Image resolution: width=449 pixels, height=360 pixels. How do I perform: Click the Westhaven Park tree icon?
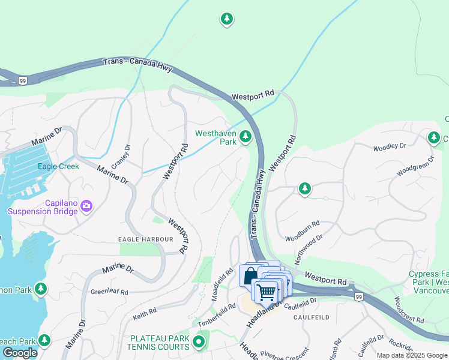pyautogui.click(x=245, y=137)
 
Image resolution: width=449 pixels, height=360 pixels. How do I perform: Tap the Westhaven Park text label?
pyautogui.click(x=215, y=137)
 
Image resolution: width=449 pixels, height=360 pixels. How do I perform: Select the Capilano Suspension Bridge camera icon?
pyautogui.click(x=86, y=206)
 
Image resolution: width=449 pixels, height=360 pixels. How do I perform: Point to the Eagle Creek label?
pyautogui.click(x=58, y=166)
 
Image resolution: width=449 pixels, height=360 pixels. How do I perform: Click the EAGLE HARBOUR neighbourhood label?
pyautogui.click(x=146, y=239)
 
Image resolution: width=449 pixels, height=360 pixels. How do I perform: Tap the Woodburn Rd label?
pyautogui.click(x=302, y=229)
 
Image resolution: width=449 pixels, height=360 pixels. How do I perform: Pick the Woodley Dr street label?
pyautogui.click(x=390, y=147)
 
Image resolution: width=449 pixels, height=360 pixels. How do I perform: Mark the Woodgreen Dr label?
pyautogui.click(x=414, y=167)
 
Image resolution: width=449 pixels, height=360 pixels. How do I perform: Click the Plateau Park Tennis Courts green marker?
pyautogui.click(x=199, y=343)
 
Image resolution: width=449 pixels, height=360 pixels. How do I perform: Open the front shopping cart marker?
pyautogui.click(x=265, y=292)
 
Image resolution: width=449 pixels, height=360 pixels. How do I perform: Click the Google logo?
pyautogui.click(x=20, y=353)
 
